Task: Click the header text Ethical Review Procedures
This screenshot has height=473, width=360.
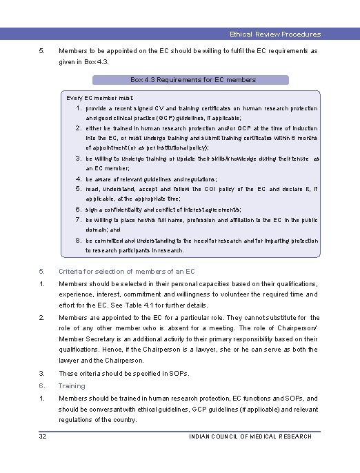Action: click(x=274, y=34)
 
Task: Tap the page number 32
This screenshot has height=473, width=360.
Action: click(x=43, y=436)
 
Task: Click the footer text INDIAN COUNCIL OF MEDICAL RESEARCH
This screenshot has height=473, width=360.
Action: click(x=250, y=436)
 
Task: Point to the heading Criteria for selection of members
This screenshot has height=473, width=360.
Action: click(x=127, y=272)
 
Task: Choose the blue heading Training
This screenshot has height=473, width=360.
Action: click(x=72, y=386)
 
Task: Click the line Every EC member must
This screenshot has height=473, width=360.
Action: click(x=100, y=99)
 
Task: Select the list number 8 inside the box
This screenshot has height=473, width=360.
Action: click(x=79, y=241)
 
